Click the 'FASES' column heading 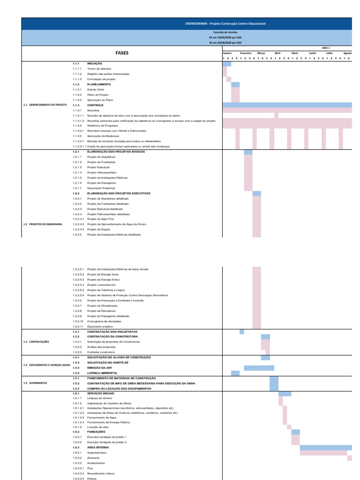pos(122,53)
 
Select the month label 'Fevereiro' pos(246,53)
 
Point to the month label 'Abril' pos(277,53)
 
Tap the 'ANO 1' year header pos(326,48)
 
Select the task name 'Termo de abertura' pos(96,69)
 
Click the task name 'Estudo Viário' pos(94,90)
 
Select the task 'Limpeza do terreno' pos(97,398)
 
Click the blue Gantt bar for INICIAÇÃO pos(226,64)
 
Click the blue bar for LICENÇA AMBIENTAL pos(235,373)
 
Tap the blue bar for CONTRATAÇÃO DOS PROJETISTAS pos(242,331)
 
